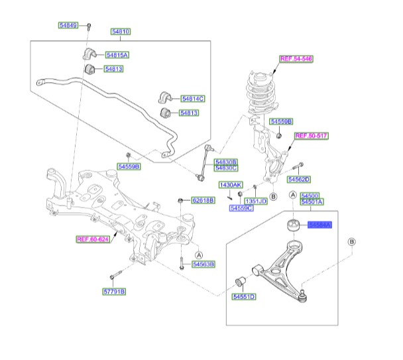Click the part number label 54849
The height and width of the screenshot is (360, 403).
point(68,25)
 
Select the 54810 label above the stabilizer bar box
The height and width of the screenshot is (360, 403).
point(120,31)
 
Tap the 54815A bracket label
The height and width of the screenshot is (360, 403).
point(117,55)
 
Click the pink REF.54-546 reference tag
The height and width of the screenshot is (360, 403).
point(296,59)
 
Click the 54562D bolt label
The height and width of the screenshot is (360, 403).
point(299,179)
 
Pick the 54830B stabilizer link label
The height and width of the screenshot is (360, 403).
point(225,162)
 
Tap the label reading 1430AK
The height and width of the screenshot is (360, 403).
point(231,184)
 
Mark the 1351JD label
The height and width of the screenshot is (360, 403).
point(256,201)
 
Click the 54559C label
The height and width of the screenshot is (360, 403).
point(241,208)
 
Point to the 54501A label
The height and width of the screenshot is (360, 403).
point(312,202)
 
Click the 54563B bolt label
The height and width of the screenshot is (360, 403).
point(203,264)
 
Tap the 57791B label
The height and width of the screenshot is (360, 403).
point(113,291)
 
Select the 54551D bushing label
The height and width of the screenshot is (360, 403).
point(243,298)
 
